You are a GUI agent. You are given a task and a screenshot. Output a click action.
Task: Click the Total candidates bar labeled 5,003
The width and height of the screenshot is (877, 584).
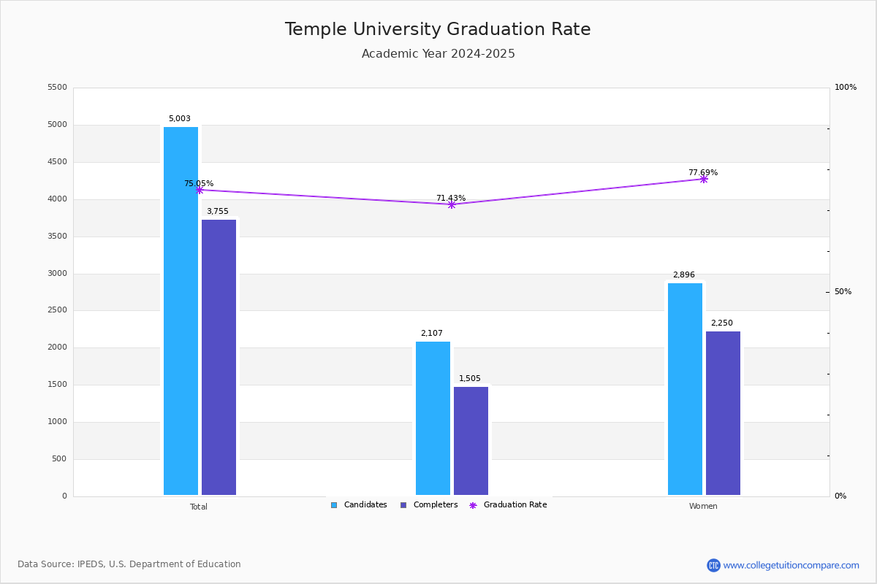(181, 311)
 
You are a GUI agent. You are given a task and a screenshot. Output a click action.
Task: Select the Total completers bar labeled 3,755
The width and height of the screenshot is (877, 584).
(219, 357)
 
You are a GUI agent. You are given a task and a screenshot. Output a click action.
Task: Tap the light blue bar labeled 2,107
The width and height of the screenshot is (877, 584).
(433, 418)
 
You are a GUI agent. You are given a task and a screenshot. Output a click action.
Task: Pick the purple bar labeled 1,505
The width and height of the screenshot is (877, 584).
(471, 441)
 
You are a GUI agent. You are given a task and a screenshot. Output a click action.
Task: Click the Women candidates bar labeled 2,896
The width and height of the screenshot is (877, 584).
(685, 389)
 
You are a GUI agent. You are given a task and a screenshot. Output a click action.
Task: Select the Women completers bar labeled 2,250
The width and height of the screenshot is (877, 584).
(723, 413)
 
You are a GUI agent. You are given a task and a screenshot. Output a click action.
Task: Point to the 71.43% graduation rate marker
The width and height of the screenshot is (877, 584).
(451, 204)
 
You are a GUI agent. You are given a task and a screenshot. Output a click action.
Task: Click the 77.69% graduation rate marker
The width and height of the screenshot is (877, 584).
(703, 179)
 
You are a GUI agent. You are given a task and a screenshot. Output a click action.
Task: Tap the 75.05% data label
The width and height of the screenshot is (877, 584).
(199, 184)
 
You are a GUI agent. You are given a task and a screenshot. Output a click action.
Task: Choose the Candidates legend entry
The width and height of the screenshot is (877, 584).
(359, 505)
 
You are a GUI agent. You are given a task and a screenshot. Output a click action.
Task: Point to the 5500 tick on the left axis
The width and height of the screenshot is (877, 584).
(57, 88)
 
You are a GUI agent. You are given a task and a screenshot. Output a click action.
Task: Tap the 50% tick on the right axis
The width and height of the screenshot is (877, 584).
(843, 292)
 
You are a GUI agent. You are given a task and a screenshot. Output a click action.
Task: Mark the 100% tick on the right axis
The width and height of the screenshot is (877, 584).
(846, 88)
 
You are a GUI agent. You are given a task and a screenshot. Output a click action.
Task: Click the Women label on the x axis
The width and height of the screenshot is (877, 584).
(703, 507)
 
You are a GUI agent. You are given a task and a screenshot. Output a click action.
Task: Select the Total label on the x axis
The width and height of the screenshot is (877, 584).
(199, 507)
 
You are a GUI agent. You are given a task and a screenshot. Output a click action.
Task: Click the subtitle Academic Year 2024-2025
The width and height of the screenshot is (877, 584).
(438, 54)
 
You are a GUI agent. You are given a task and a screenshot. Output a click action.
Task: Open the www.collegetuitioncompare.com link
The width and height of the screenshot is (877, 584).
(791, 565)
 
